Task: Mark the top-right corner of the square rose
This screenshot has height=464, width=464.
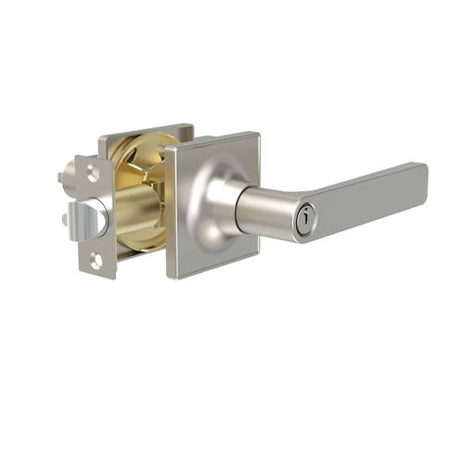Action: click(257, 135)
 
